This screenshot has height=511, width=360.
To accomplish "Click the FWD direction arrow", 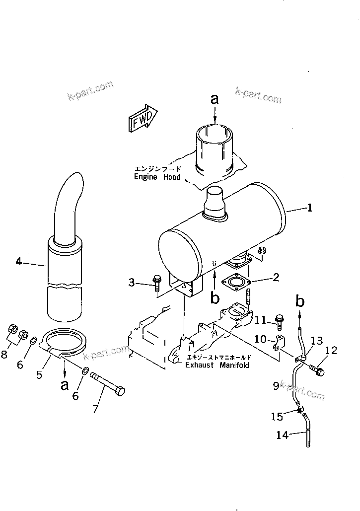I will (142, 118).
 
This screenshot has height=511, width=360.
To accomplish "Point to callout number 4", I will (18, 261).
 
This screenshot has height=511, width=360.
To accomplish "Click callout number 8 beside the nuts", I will (4, 355).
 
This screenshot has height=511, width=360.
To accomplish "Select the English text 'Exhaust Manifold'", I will (217, 365).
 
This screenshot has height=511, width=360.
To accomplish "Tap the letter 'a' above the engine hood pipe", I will (215, 99).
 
